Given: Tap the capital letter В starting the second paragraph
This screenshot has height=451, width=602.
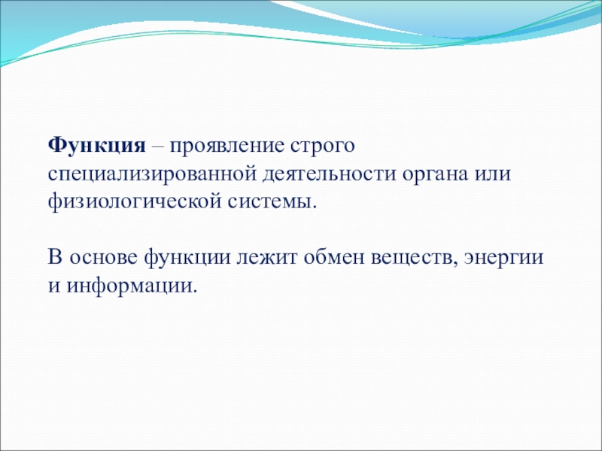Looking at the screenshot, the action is point(55,257).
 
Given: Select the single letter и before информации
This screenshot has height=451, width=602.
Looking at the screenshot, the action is point(54,286).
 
